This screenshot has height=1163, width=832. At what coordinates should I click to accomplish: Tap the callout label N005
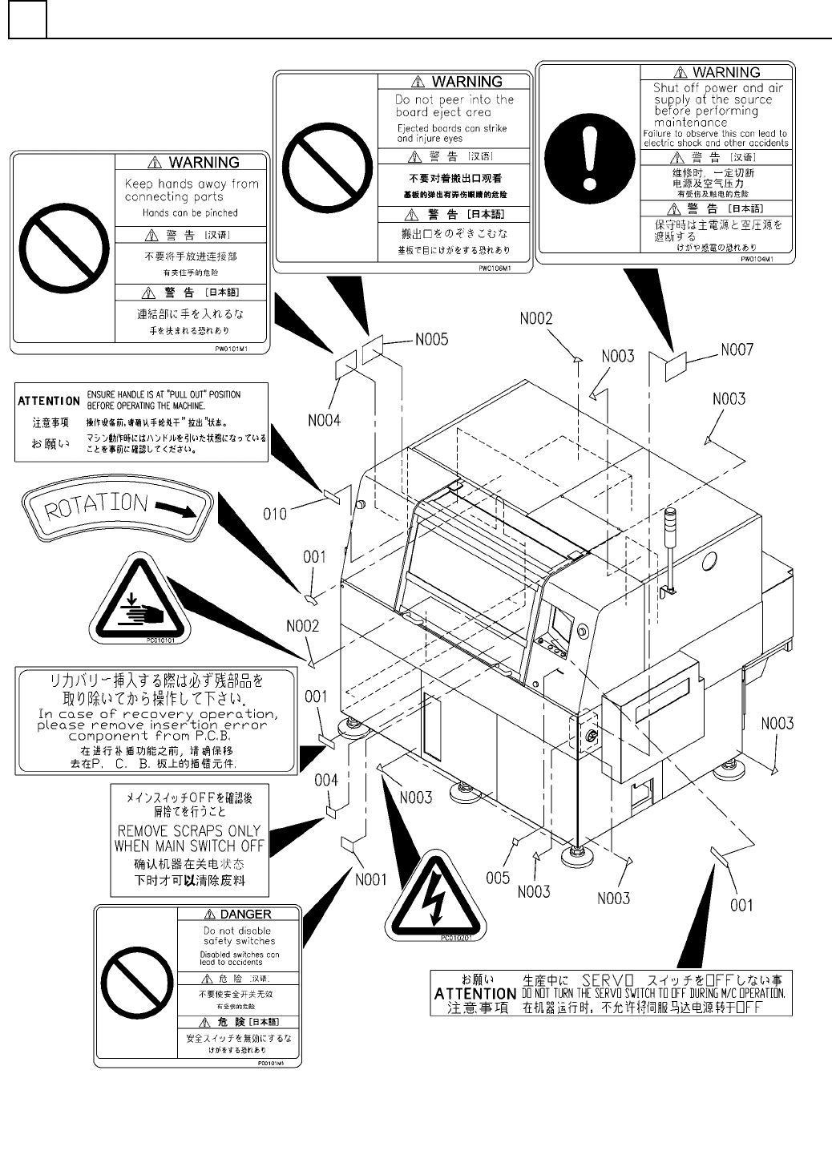431,340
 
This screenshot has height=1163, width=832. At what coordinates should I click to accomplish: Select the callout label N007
737,349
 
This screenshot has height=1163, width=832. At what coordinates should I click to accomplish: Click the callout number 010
275,513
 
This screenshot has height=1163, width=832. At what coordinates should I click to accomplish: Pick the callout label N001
370,879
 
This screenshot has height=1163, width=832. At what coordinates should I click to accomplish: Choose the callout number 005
497,878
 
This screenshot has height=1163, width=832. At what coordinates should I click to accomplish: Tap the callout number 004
326,780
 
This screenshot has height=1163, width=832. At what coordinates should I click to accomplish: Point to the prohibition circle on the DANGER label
135,986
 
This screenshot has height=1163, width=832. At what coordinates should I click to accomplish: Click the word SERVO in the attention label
608,980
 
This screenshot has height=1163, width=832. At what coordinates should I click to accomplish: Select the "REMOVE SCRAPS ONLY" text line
189,830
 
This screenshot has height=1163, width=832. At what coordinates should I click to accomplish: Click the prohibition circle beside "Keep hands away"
63,253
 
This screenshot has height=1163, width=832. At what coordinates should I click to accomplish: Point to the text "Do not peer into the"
454,100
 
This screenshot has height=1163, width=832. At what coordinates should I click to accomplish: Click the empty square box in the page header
27,18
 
